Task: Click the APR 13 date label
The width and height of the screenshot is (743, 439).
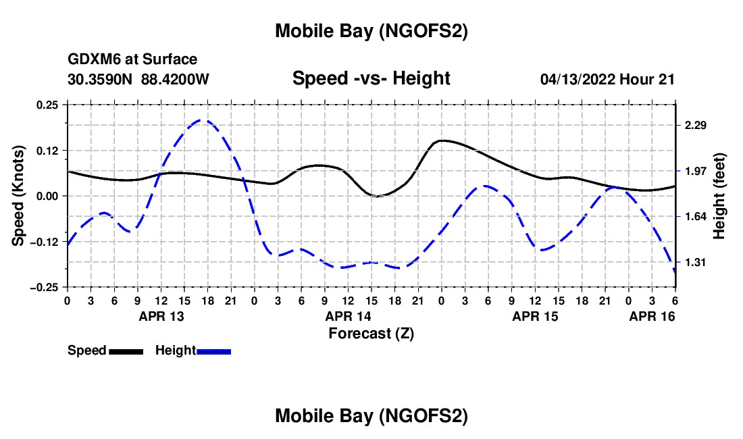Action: [x=161, y=315]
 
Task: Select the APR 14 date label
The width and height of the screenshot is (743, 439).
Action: [x=349, y=315]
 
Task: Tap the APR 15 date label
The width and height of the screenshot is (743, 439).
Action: [x=536, y=315]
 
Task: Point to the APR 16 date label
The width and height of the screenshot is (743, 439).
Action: [x=652, y=315]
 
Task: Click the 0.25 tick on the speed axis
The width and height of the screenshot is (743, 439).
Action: [x=47, y=105]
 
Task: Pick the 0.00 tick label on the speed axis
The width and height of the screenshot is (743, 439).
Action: [x=47, y=196]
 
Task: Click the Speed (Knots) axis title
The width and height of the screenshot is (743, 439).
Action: [x=20, y=196]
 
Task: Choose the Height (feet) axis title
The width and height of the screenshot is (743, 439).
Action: [x=719, y=196]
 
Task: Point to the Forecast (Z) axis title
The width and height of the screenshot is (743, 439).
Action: [x=371, y=333]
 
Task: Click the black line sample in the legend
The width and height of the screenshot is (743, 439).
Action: [x=126, y=351]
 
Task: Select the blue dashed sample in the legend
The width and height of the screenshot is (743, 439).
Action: [x=214, y=351]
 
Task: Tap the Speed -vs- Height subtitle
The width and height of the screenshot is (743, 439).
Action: [x=371, y=78]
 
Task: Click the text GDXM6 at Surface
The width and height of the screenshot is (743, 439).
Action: [x=132, y=59]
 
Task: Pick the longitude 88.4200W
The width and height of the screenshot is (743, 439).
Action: [x=176, y=79]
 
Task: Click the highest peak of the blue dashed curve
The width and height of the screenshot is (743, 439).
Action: [x=202, y=120]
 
